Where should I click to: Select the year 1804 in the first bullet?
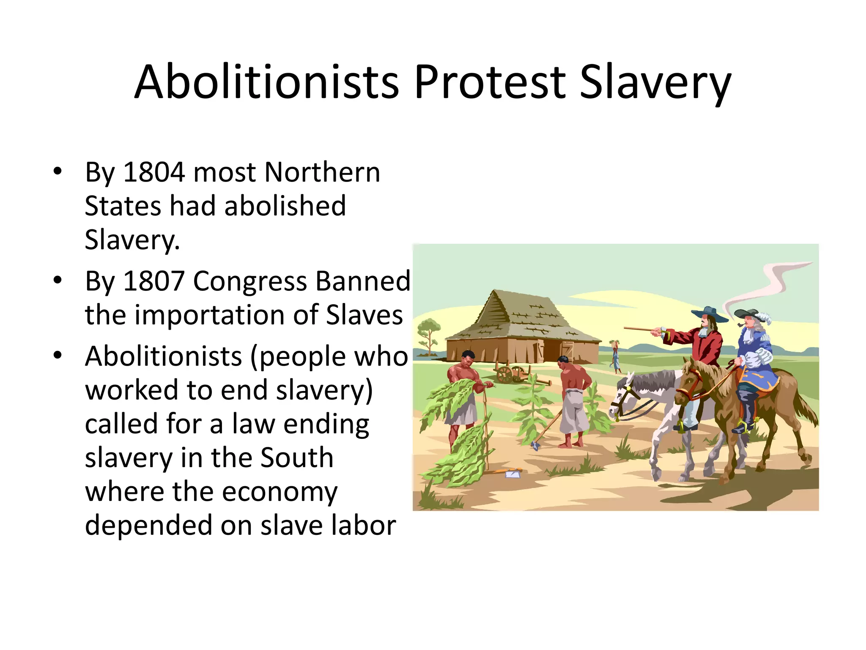154,172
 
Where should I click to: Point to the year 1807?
154,281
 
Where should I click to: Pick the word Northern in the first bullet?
322,172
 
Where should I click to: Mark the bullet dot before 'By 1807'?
58,280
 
